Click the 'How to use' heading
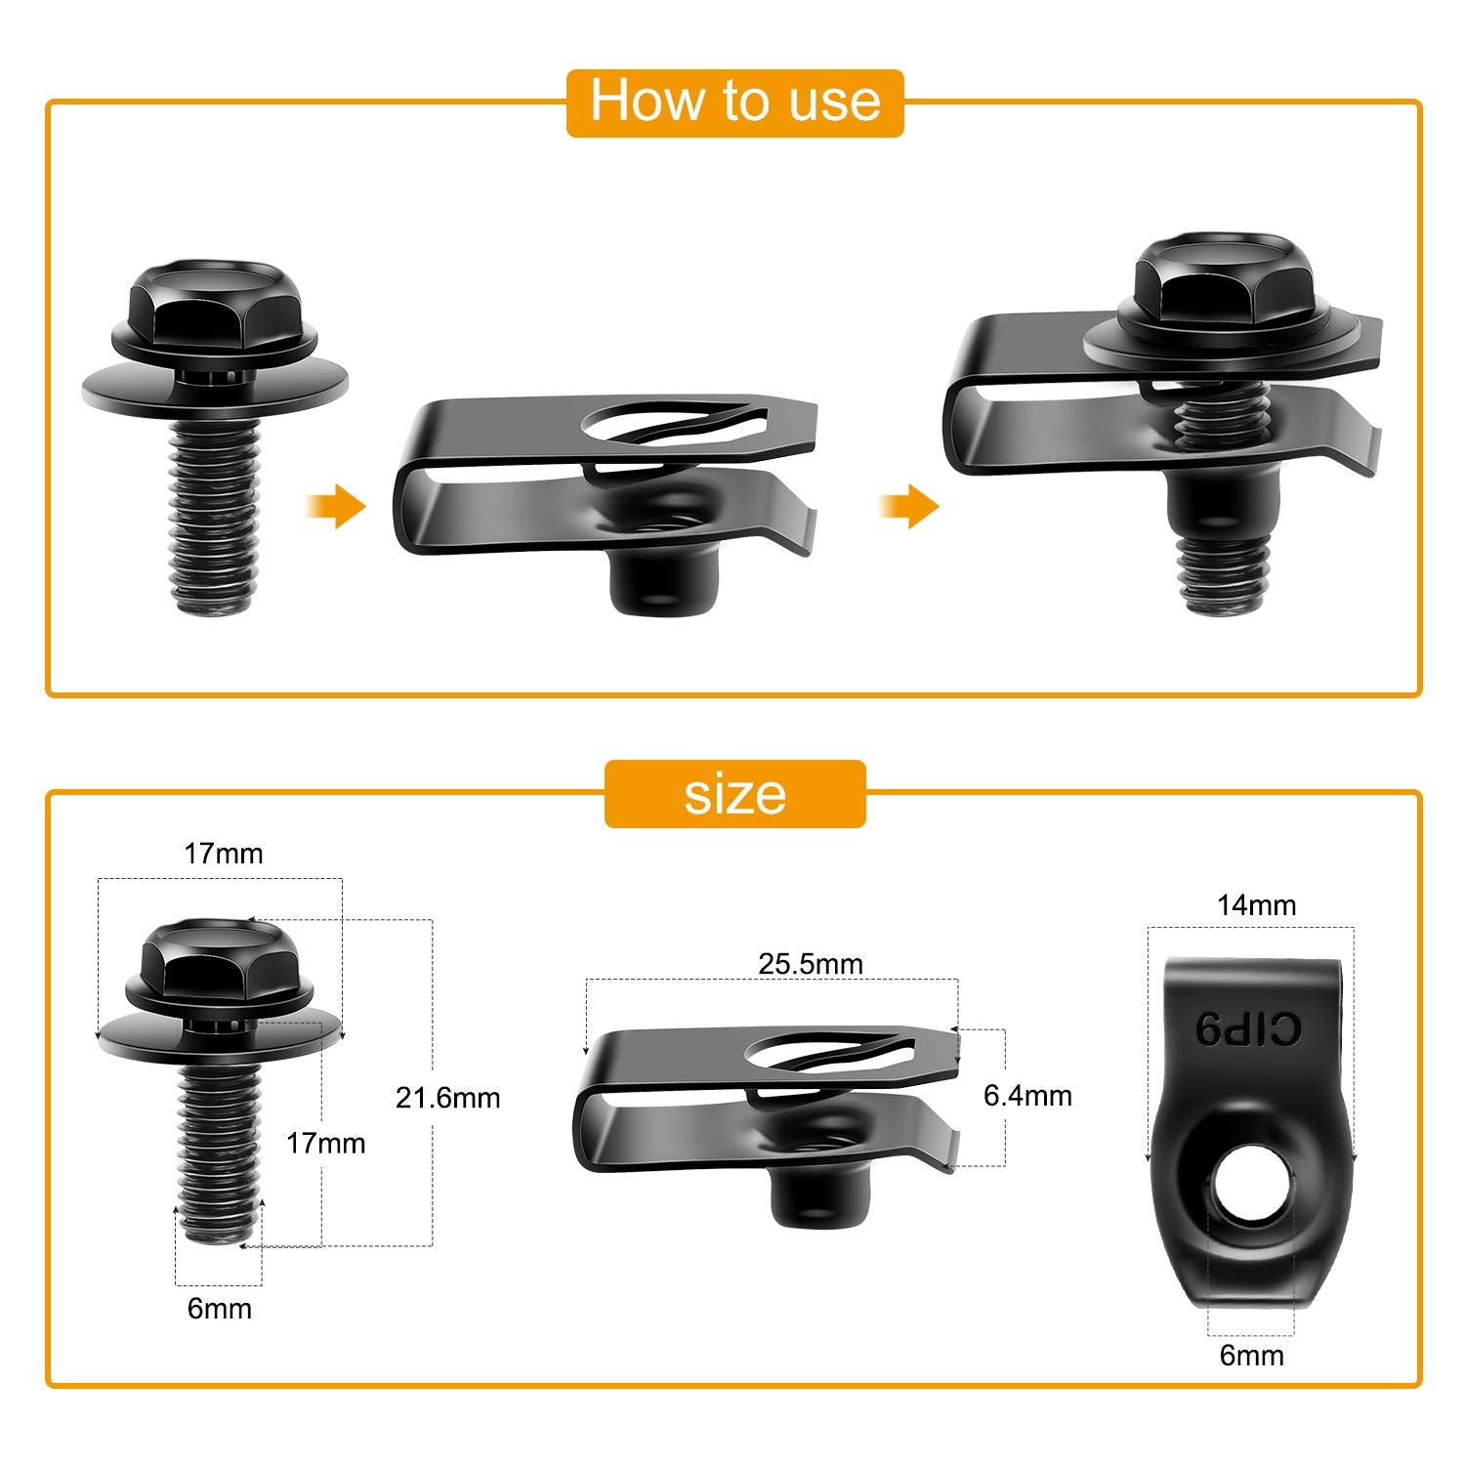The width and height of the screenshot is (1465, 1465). click(734, 102)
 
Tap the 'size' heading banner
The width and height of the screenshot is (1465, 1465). click(734, 794)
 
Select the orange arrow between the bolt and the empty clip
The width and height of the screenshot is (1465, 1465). click(335, 506)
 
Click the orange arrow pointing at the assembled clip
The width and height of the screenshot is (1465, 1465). click(908, 506)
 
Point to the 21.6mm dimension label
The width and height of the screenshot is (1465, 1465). click(447, 1098)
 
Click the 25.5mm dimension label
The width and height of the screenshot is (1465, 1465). click(811, 964)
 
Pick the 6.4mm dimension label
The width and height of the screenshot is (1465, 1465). click(1027, 1096)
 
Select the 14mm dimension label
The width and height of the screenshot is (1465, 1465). click(1256, 905)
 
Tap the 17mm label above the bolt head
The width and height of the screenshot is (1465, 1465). click(224, 854)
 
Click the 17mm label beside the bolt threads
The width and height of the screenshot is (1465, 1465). click(325, 1143)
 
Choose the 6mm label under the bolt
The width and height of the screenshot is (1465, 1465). click(220, 1309)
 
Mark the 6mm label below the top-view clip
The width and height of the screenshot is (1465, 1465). click(1251, 1356)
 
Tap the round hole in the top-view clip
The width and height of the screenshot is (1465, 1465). click(1250, 1193)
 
